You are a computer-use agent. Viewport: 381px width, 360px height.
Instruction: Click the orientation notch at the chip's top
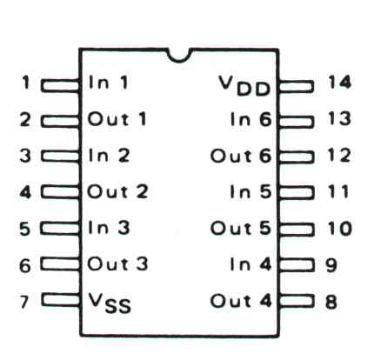179,59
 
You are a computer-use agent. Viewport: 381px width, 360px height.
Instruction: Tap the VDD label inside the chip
245,86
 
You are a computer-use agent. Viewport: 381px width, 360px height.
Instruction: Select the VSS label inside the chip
110,303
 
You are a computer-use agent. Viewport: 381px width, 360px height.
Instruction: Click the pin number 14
339,82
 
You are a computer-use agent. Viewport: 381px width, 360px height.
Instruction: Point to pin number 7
24,302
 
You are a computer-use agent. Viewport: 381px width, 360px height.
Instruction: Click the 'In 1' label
109,82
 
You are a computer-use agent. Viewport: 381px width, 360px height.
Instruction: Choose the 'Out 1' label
117,119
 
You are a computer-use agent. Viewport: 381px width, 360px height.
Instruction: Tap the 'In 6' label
251,119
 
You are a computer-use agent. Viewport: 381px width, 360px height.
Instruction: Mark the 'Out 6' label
241,156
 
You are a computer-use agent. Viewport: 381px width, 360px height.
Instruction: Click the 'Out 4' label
241,301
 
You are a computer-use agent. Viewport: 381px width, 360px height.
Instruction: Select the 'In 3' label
109,228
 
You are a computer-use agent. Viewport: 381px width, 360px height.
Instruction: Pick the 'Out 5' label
241,228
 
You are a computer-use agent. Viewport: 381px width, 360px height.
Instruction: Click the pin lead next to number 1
60,86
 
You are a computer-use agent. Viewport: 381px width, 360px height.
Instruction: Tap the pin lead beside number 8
297,301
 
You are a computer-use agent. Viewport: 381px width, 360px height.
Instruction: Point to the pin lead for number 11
297,193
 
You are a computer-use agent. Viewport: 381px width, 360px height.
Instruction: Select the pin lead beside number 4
60,192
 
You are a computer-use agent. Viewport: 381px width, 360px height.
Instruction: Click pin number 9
331,265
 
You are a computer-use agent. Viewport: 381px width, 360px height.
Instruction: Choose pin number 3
25,156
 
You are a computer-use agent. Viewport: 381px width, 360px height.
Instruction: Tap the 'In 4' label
251,264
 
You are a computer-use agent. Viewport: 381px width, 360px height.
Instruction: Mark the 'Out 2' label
117,191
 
